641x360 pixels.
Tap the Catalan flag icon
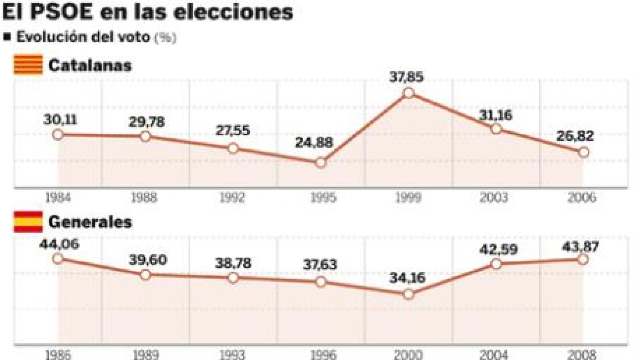tap(28, 65)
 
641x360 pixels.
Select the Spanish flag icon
tap(28, 222)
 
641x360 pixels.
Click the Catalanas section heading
tap(90, 65)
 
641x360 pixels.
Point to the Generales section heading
tap(90, 222)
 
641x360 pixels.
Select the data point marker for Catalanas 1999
tap(408, 93)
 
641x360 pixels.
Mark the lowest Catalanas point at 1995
tap(320, 163)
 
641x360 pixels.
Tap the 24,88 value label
tap(314, 143)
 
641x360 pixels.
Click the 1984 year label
tap(58, 197)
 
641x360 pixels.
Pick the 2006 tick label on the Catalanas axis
tap(582, 197)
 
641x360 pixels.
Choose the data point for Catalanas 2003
tap(496, 129)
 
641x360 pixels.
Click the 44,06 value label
tap(59, 244)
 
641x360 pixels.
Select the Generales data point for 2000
tap(408, 294)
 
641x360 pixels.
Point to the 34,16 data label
tap(407, 278)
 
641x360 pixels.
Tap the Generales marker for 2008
tap(583, 259)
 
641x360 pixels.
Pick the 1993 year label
tap(233, 354)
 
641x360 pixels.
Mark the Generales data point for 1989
tap(145, 275)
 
